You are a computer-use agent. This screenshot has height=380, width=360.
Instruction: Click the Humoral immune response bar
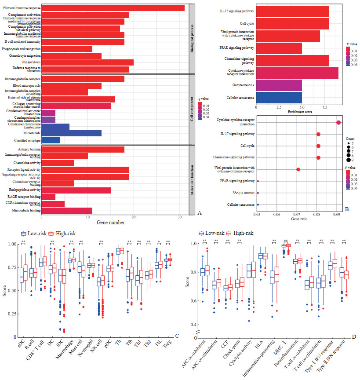[x=113, y=7]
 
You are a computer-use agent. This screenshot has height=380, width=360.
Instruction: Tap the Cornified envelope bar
[x=51, y=140]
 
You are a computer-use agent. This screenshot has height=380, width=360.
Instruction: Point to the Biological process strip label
[x=192, y=37]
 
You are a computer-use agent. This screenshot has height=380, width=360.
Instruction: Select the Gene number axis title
[x=115, y=223]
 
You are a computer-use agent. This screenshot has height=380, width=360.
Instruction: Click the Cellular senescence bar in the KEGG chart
[x=279, y=97]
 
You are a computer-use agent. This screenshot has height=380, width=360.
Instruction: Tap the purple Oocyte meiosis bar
[x=279, y=84]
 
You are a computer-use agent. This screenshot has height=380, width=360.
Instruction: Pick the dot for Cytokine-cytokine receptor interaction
[x=338, y=122]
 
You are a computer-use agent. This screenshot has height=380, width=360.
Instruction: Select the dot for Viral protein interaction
[x=298, y=169]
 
